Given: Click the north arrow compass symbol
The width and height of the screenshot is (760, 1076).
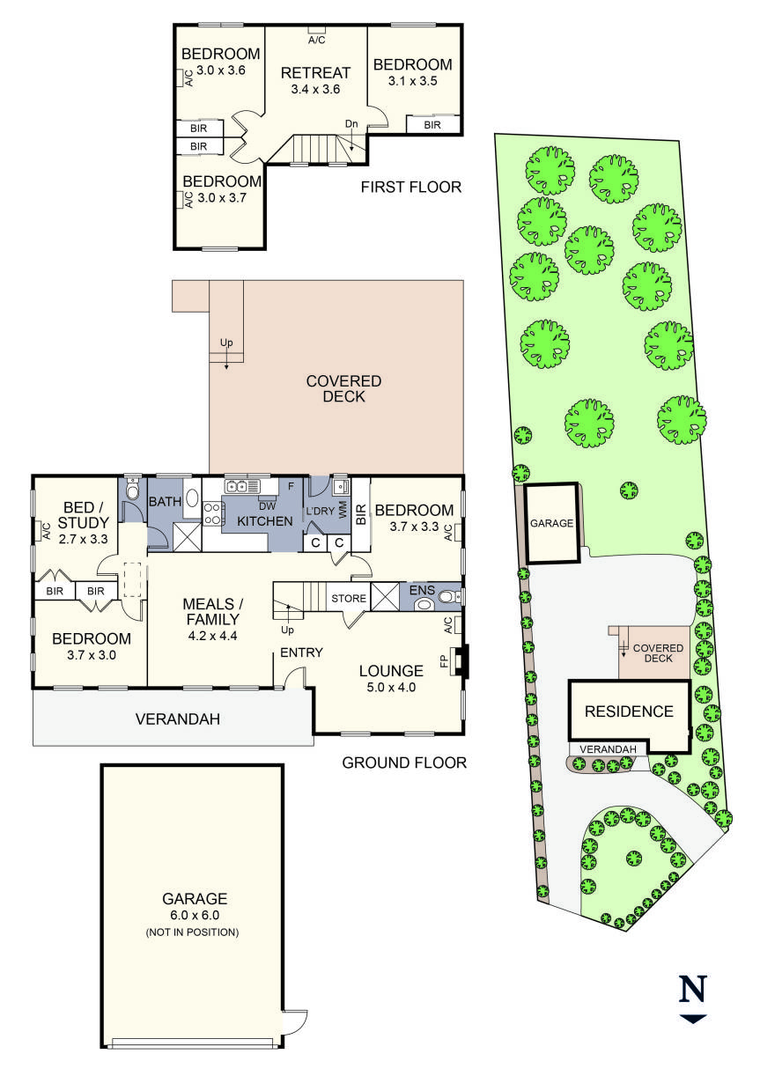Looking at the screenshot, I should [x=693, y=999].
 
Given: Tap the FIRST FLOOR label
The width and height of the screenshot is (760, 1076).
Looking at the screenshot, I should [x=411, y=188].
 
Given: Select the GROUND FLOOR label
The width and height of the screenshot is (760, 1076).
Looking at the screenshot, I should [x=404, y=763].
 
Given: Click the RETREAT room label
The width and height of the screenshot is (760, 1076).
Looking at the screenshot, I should [x=315, y=73].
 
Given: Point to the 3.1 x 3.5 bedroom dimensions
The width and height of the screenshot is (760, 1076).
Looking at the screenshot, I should [x=413, y=81].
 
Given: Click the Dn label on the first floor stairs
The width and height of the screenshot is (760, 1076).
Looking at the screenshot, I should [x=351, y=124].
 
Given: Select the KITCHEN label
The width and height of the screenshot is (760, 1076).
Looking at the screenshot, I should [x=265, y=521].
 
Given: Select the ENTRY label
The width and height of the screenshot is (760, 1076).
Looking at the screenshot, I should [x=301, y=652].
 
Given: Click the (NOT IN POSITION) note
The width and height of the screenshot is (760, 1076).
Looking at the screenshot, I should [x=195, y=932].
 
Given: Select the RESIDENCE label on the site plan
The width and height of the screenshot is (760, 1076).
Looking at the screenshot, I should [x=629, y=711].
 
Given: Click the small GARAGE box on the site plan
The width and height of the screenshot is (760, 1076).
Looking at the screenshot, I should [x=551, y=523].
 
